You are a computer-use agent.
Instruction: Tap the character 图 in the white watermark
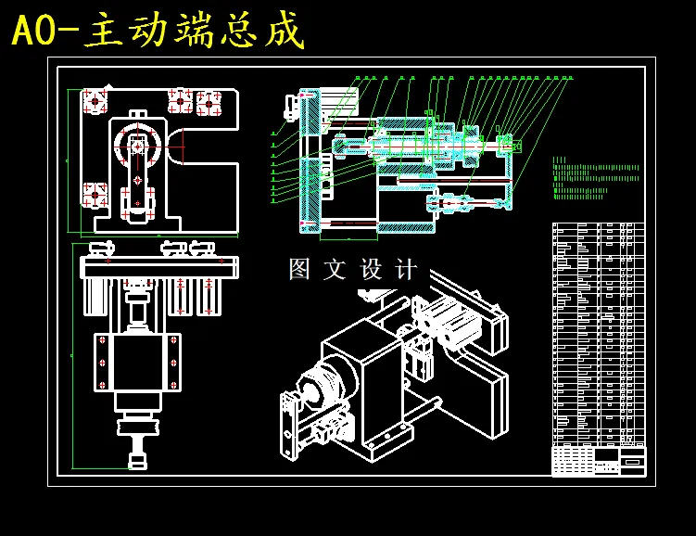(299, 270)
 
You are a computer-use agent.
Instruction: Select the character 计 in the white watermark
(406, 270)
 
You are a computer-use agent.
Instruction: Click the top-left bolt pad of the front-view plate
(95, 100)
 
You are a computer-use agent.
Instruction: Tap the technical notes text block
(593, 179)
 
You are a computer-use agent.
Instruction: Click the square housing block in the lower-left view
(135, 362)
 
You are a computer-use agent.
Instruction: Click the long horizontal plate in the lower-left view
(158, 267)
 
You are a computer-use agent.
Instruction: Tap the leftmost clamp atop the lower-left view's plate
(100, 248)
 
